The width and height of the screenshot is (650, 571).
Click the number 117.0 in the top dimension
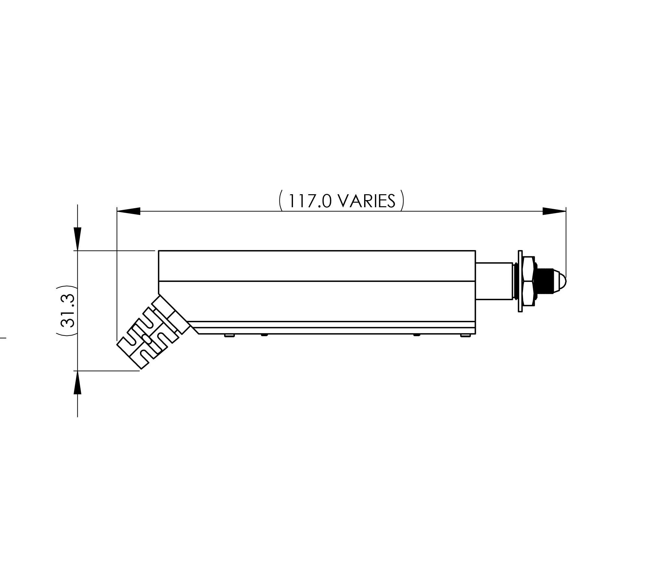(310, 201)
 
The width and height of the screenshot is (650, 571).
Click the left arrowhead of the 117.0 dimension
(128, 211)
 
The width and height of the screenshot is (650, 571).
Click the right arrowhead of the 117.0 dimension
(554, 211)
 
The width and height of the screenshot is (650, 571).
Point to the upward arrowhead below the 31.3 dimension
(77, 383)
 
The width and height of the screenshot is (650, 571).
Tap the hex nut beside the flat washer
(529, 281)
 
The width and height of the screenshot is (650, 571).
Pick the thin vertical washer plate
(520, 281)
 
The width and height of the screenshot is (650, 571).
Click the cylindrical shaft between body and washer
(494, 281)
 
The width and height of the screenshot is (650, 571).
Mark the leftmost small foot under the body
(229, 335)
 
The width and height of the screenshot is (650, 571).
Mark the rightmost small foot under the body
(465, 335)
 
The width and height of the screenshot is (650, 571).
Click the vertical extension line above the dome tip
(566, 240)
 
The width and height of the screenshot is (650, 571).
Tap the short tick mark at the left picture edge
(3, 338)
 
